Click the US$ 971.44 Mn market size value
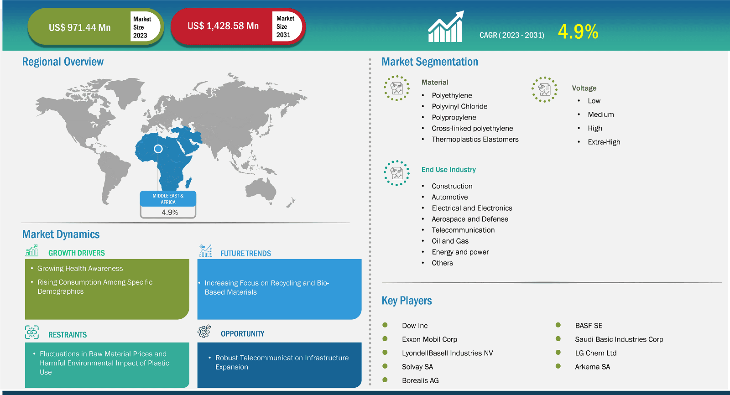point(79,27)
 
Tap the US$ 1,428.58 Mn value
point(223,26)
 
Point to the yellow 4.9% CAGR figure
point(578,32)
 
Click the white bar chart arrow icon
point(446,27)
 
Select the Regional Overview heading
point(63,62)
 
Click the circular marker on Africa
point(158,149)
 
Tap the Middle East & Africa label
point(168,199)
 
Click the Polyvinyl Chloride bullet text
point(459,107)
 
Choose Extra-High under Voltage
point(604,142)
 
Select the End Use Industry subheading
point(448,170)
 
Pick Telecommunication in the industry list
point(463,230)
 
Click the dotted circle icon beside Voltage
point(545,89)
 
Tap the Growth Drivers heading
point(77,253)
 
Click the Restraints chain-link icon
point(32,333)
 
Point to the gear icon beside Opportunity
point(204,332)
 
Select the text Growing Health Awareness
point(80,269)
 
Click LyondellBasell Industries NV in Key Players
point(448,353)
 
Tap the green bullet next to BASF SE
point(558,325)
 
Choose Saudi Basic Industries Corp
point(619,339)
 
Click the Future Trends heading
point(245,253)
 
